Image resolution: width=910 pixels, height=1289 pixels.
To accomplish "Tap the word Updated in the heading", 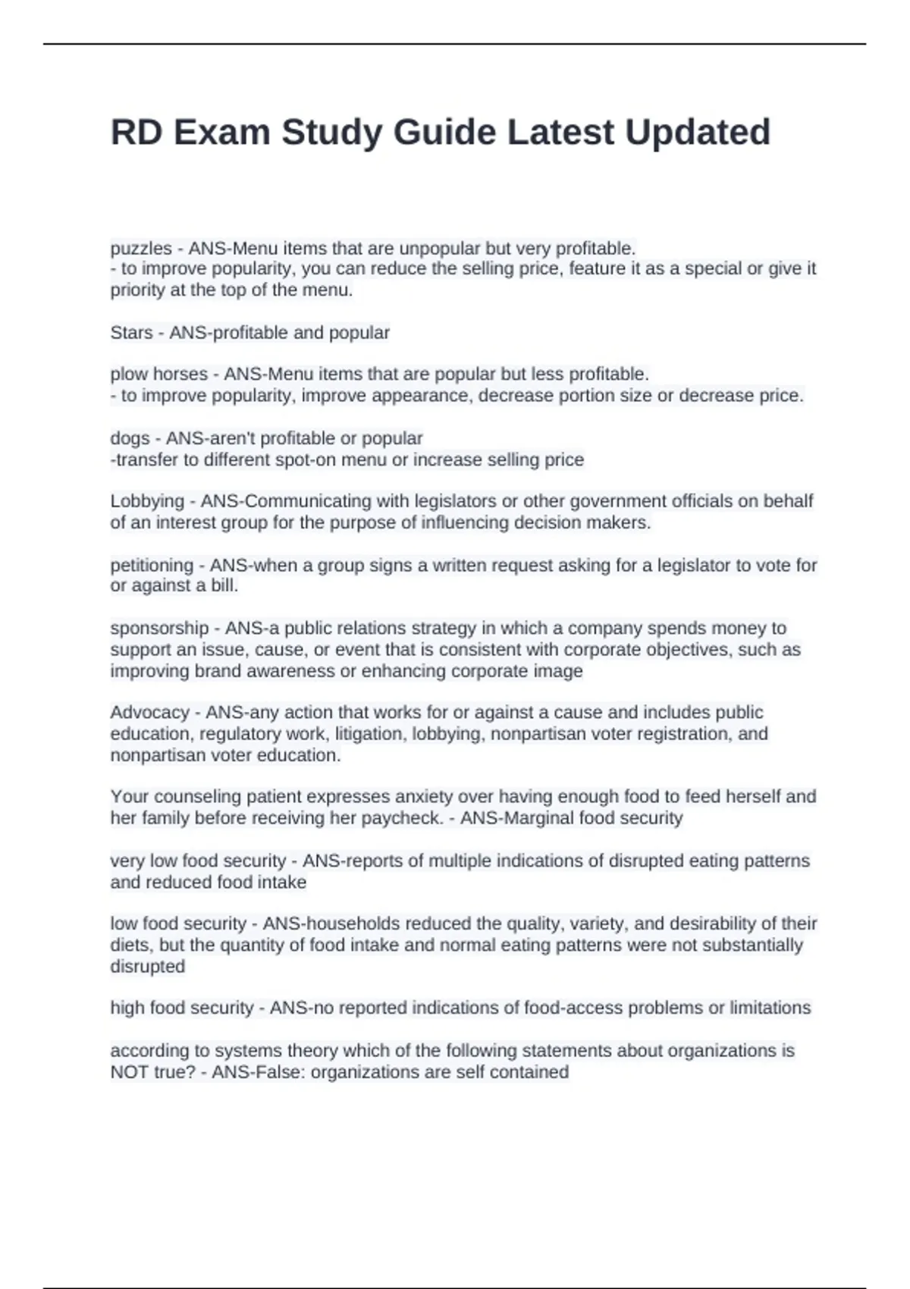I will coord(698,133).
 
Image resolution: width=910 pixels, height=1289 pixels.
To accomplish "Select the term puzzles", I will coord(141,249).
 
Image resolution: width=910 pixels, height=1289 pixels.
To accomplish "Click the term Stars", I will coord(131,333).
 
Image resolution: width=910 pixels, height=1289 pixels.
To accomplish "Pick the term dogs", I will coord(130,438).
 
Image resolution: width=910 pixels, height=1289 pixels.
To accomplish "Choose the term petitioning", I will coord(152,566).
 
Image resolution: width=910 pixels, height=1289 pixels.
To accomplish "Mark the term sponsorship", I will coord(159,629).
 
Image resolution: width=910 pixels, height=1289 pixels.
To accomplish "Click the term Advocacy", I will coord(149,713).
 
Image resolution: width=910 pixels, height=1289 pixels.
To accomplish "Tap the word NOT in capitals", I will coord(128,1072).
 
